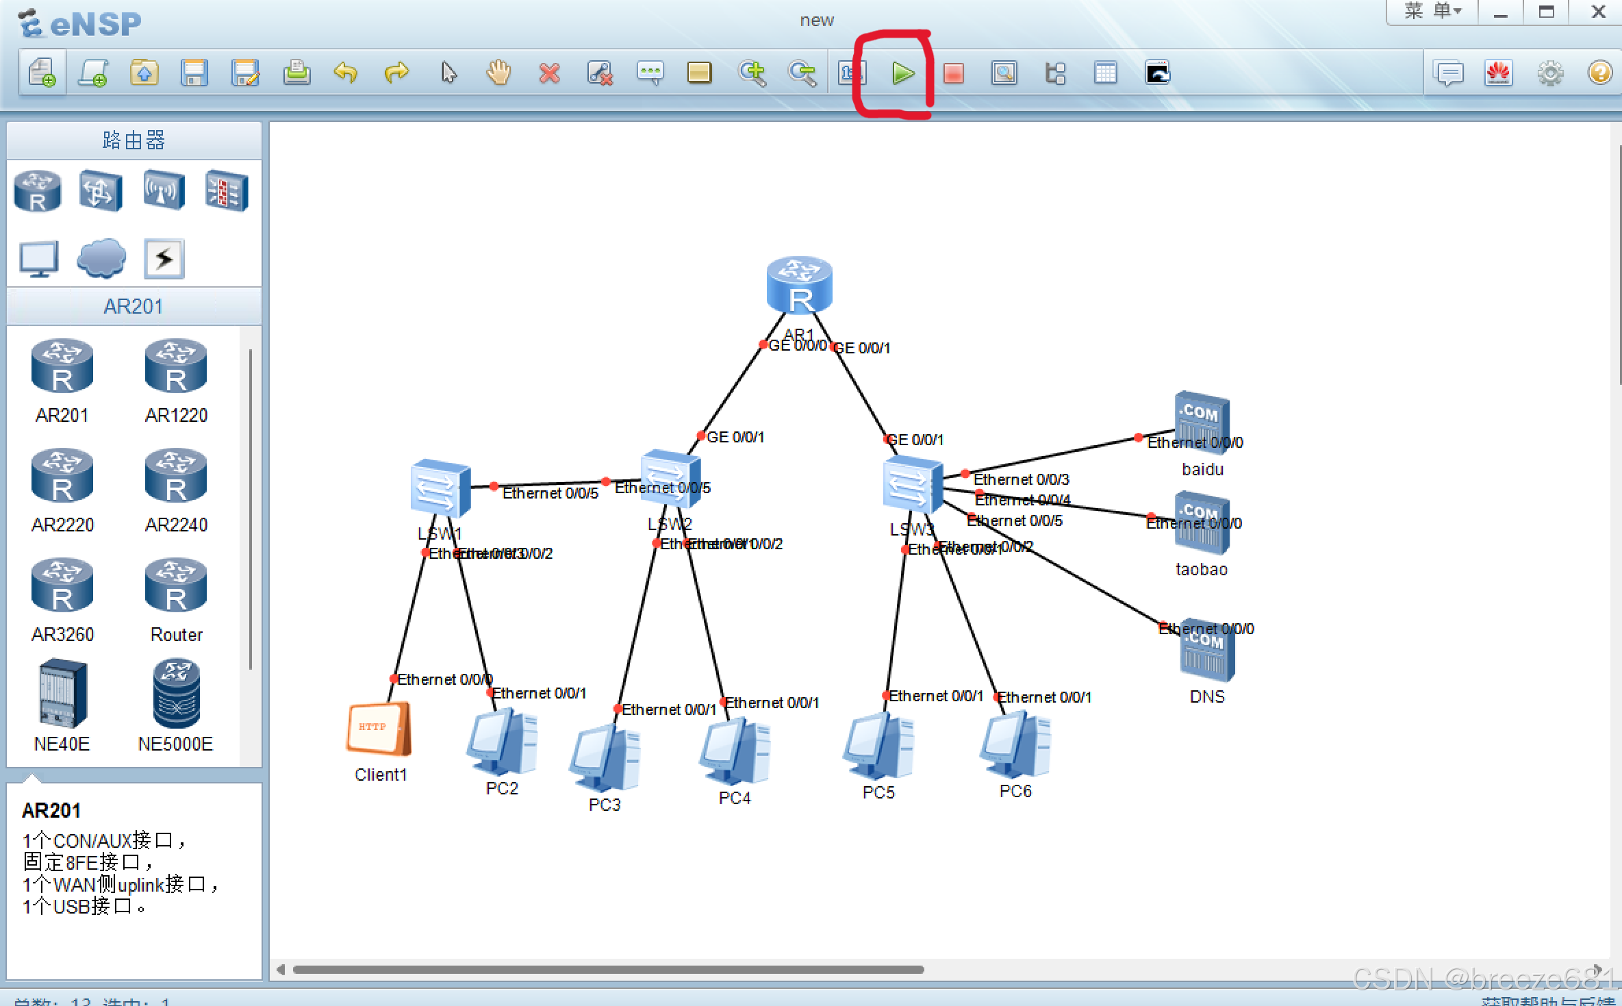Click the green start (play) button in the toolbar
[903, 73]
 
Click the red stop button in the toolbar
[953, 73]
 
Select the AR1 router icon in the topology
[799, 286]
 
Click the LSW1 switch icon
[440, 488]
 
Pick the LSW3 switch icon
[912, 484]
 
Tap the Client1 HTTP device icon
[379, 729]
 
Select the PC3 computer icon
[604, 759]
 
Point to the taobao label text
[1202, 570]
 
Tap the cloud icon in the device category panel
[101, 258]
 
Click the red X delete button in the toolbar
[549, 73]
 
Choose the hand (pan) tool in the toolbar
[498, 73]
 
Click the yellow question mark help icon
[1600, 73]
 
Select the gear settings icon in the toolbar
[1550, 73]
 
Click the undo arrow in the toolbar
[346, 73]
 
